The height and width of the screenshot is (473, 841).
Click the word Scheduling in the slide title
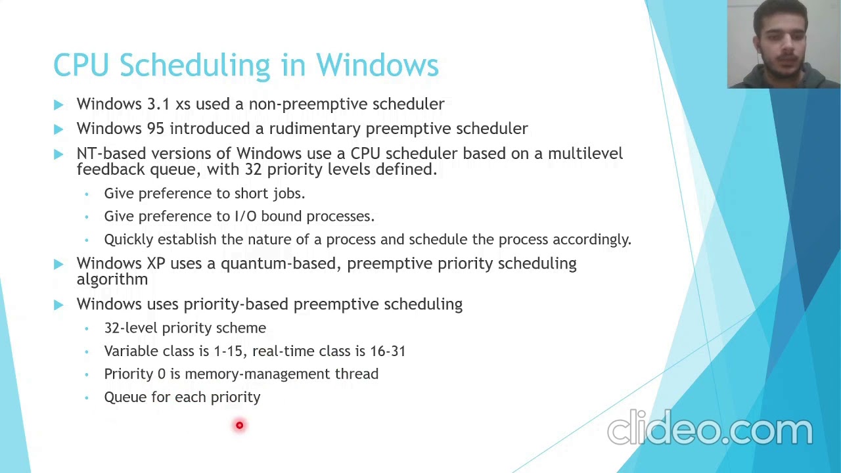pos(194,66)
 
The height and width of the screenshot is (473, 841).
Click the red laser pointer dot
pos(239,426)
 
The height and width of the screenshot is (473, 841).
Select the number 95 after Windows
pos(156,129)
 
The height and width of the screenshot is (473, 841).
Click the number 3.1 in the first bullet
pos(158,104)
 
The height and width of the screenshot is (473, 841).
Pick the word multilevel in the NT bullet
pos(585,154)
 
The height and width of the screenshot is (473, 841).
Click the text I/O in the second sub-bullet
pos(245,216)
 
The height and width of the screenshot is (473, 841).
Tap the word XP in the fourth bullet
pos(156,263)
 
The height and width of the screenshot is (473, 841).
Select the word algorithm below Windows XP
pos(112,280)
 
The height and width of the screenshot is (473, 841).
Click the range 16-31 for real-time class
pos(388,351)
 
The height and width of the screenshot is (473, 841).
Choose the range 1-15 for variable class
pos(228,351)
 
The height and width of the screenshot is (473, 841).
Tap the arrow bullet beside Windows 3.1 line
pos(58,104)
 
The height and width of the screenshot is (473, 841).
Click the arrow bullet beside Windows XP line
pos(58,264)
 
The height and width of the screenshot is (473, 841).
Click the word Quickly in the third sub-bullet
pos(128,240)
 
